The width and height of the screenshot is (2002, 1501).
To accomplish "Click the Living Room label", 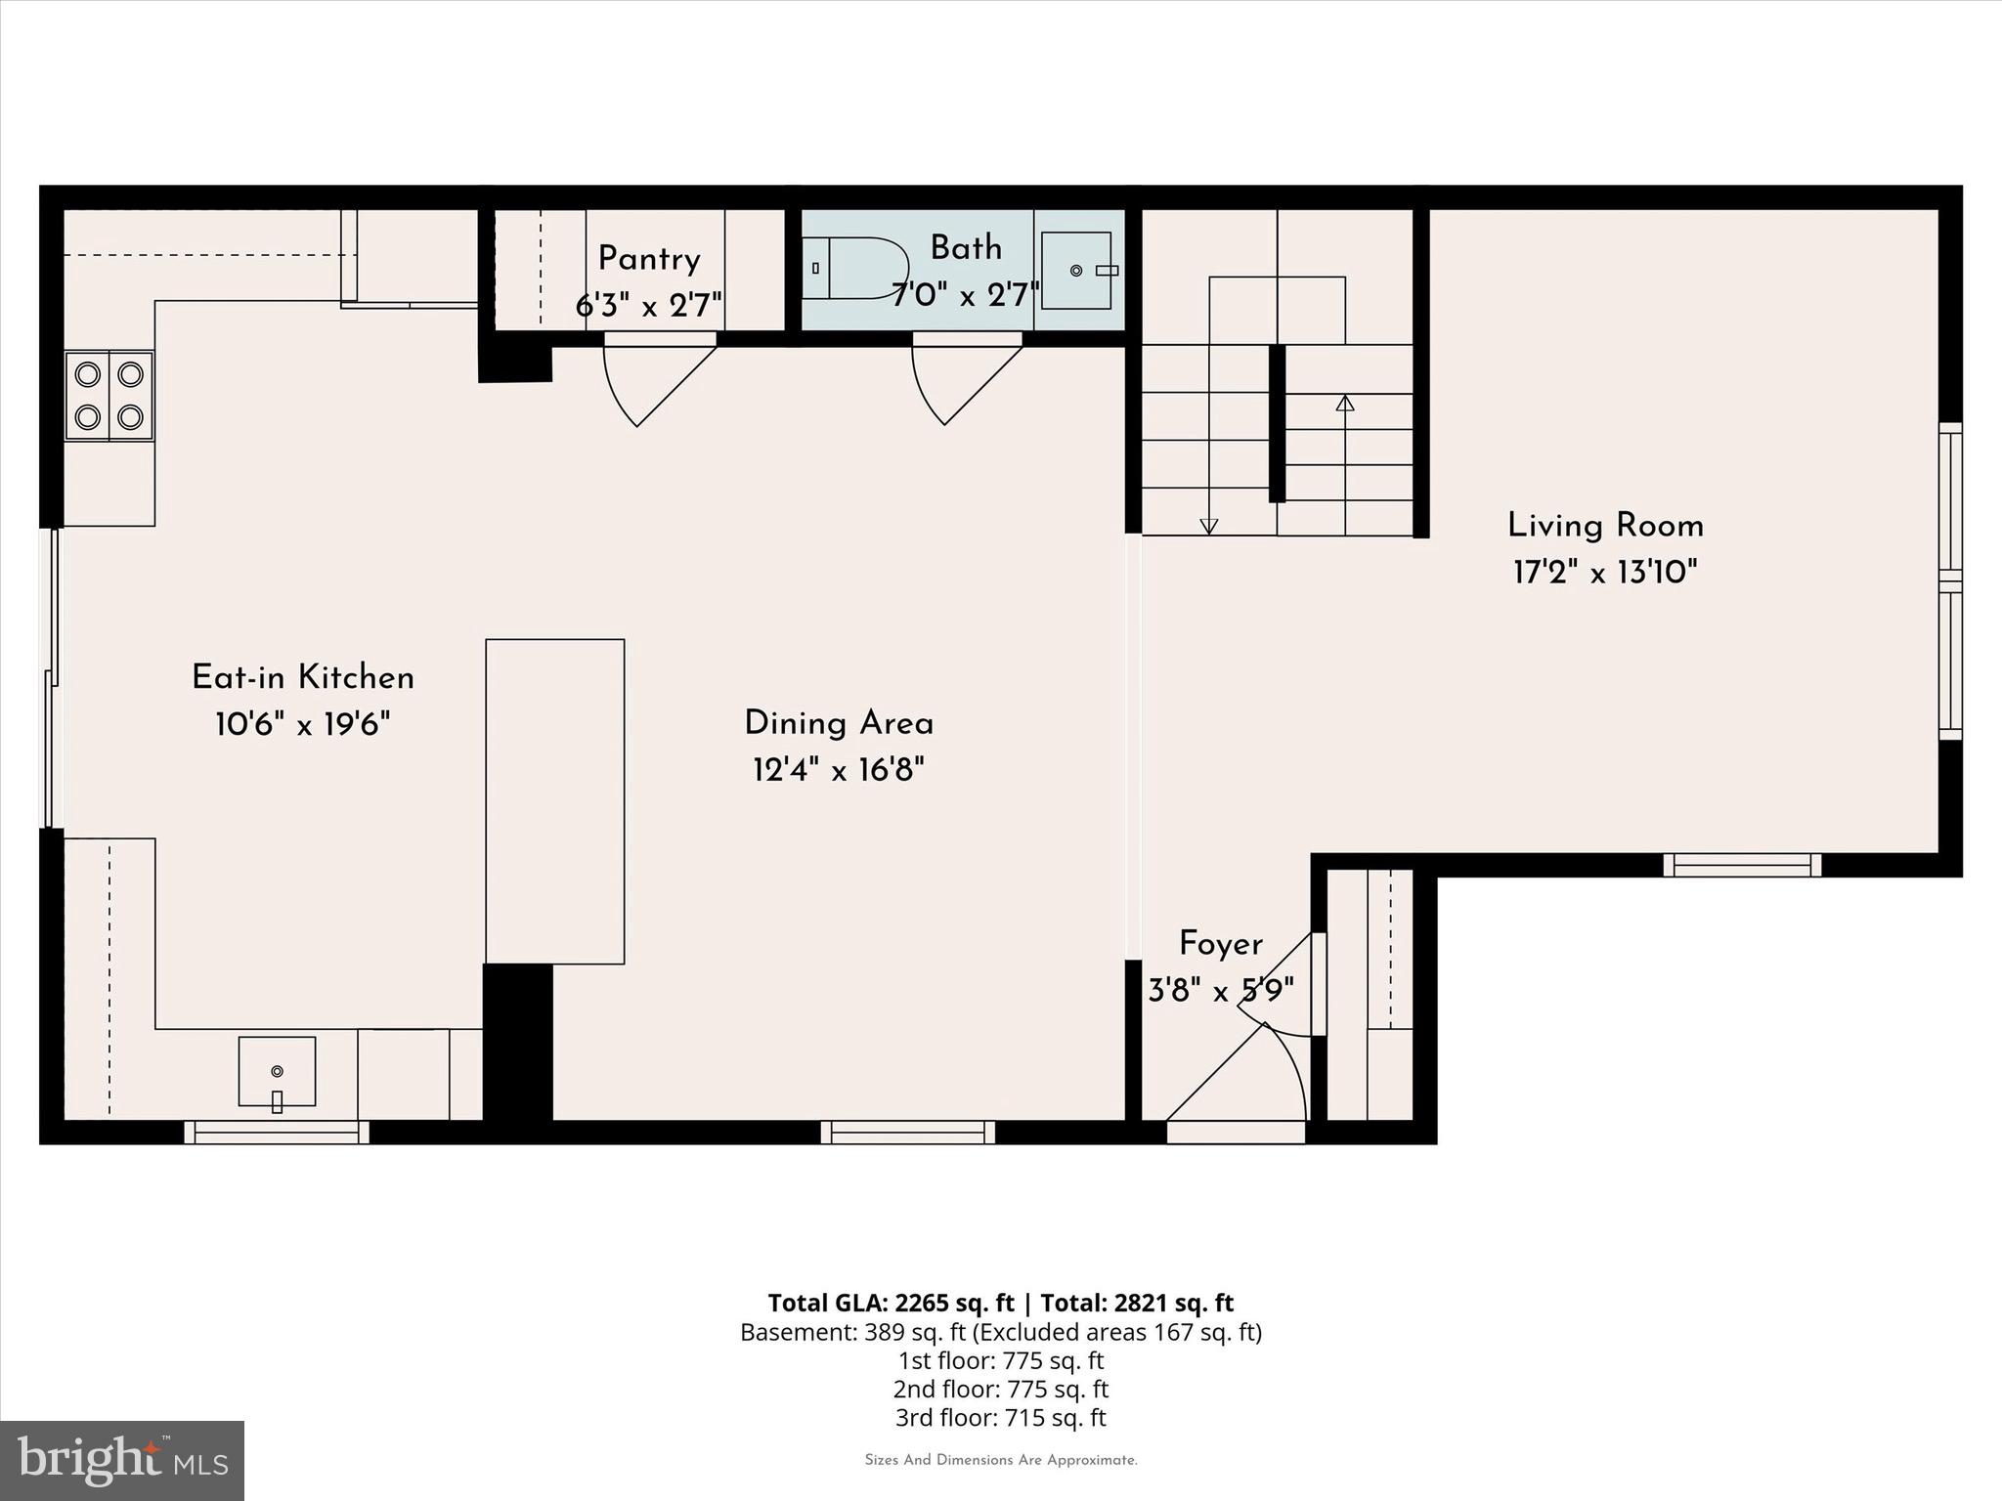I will point(1605,526).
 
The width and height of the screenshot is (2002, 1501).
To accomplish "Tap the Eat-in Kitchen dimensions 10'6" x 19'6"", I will point(303,725).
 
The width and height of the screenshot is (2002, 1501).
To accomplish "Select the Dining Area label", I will point(839,724).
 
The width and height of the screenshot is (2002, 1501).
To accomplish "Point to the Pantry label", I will point(649,259).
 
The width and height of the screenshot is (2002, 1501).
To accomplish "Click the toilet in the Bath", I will point(860,268).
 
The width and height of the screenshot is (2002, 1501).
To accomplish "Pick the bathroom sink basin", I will point(1076,270).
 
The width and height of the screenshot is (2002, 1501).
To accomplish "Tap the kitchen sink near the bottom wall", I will point(277,1072).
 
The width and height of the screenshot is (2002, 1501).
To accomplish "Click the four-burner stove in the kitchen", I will point(109,396).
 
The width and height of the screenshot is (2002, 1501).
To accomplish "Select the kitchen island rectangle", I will point(555,801).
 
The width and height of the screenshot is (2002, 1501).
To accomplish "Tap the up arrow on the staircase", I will point(1345,403).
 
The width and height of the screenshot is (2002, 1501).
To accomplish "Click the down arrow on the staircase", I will point(1208,526).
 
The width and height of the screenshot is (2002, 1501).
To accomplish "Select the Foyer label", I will point(1221,944).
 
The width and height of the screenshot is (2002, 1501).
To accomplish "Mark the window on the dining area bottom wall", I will point(908,1133).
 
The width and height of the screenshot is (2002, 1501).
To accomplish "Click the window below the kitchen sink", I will point(277,1133).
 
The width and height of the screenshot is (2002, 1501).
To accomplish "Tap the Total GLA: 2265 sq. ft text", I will point(891,1303).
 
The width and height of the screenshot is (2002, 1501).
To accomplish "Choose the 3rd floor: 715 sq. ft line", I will point(1000,1417).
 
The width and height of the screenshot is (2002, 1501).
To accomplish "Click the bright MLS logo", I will point(122,1461).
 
